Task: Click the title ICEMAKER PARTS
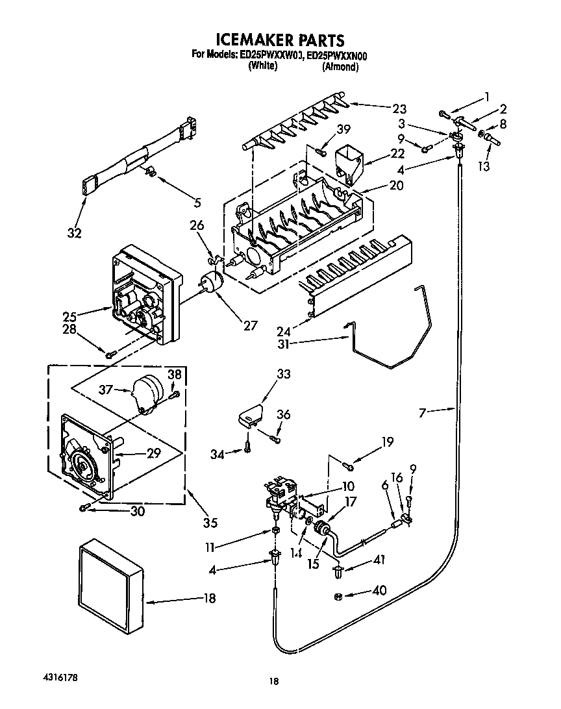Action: (280, 42)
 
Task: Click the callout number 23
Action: (399, 108)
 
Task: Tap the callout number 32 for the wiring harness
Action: (75, 233)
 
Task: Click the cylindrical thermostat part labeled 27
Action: (211, 283)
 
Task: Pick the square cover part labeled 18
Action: (110, 575)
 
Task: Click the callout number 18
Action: (209, 599)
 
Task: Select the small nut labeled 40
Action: (338, 595)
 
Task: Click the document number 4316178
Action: (58, 677)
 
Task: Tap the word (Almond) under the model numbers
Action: (340, 67)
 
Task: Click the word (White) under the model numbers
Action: (263, 66)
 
